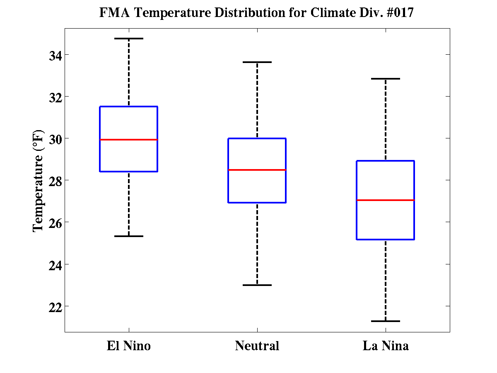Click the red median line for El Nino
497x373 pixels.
point(129,140)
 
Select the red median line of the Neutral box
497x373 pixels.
point(257,170)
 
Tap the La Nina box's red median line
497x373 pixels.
point(386,200)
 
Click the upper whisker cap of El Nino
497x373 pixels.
point(129,39)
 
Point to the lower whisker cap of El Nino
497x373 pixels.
point(129,236)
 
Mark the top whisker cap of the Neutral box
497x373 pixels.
point(257,62)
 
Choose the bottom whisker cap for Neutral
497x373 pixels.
point(257,285)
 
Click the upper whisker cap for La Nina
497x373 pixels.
point(386,79)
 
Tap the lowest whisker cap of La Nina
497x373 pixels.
point(386,321)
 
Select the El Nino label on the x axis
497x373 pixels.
point(129,346)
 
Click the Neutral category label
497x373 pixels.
point(257,346)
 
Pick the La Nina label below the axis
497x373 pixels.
point(386,346)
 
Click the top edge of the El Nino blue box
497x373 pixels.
point(129,107)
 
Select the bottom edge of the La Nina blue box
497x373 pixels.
point(386,240)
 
